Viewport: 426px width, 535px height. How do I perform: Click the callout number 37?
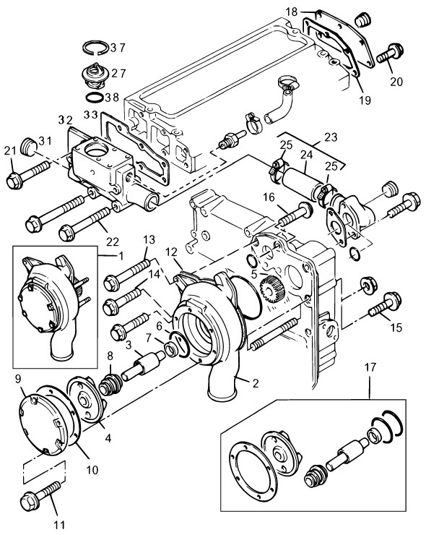point(118,48)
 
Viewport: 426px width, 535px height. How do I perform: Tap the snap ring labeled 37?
point(96,42)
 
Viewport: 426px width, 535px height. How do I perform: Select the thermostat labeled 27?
point(95,77)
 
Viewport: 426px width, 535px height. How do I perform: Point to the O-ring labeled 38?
point(94,98)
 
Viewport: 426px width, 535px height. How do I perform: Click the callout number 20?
point(396,82)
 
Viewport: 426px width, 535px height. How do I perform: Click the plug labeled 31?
point(30,147)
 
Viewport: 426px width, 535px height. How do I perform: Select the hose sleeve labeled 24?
point(302,184)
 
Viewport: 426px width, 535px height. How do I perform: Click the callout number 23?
point(331,137)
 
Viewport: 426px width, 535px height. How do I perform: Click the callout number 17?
point(370,367)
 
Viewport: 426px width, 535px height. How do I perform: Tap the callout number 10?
point(92,470)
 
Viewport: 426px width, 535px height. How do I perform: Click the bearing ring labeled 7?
point(171,349)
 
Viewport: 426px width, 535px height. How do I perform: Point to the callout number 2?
point(255,383)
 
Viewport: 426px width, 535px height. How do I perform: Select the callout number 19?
point(365,100)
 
